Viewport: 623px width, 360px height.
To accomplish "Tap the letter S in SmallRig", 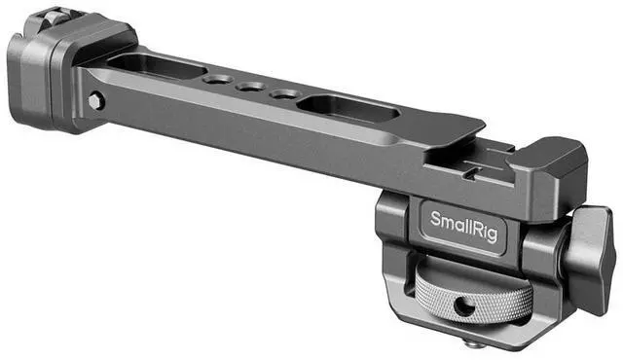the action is (x=435, y=219).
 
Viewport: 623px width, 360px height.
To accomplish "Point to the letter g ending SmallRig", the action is (x=492, y=234).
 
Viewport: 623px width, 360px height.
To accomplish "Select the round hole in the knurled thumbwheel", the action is (x=461, y=306).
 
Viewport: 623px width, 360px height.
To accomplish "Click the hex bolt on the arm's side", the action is (x=95, y=101).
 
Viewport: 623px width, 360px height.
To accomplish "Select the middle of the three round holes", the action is (x=250, y=87).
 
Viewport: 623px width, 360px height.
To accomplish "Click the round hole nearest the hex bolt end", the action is (x=217, y=80).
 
